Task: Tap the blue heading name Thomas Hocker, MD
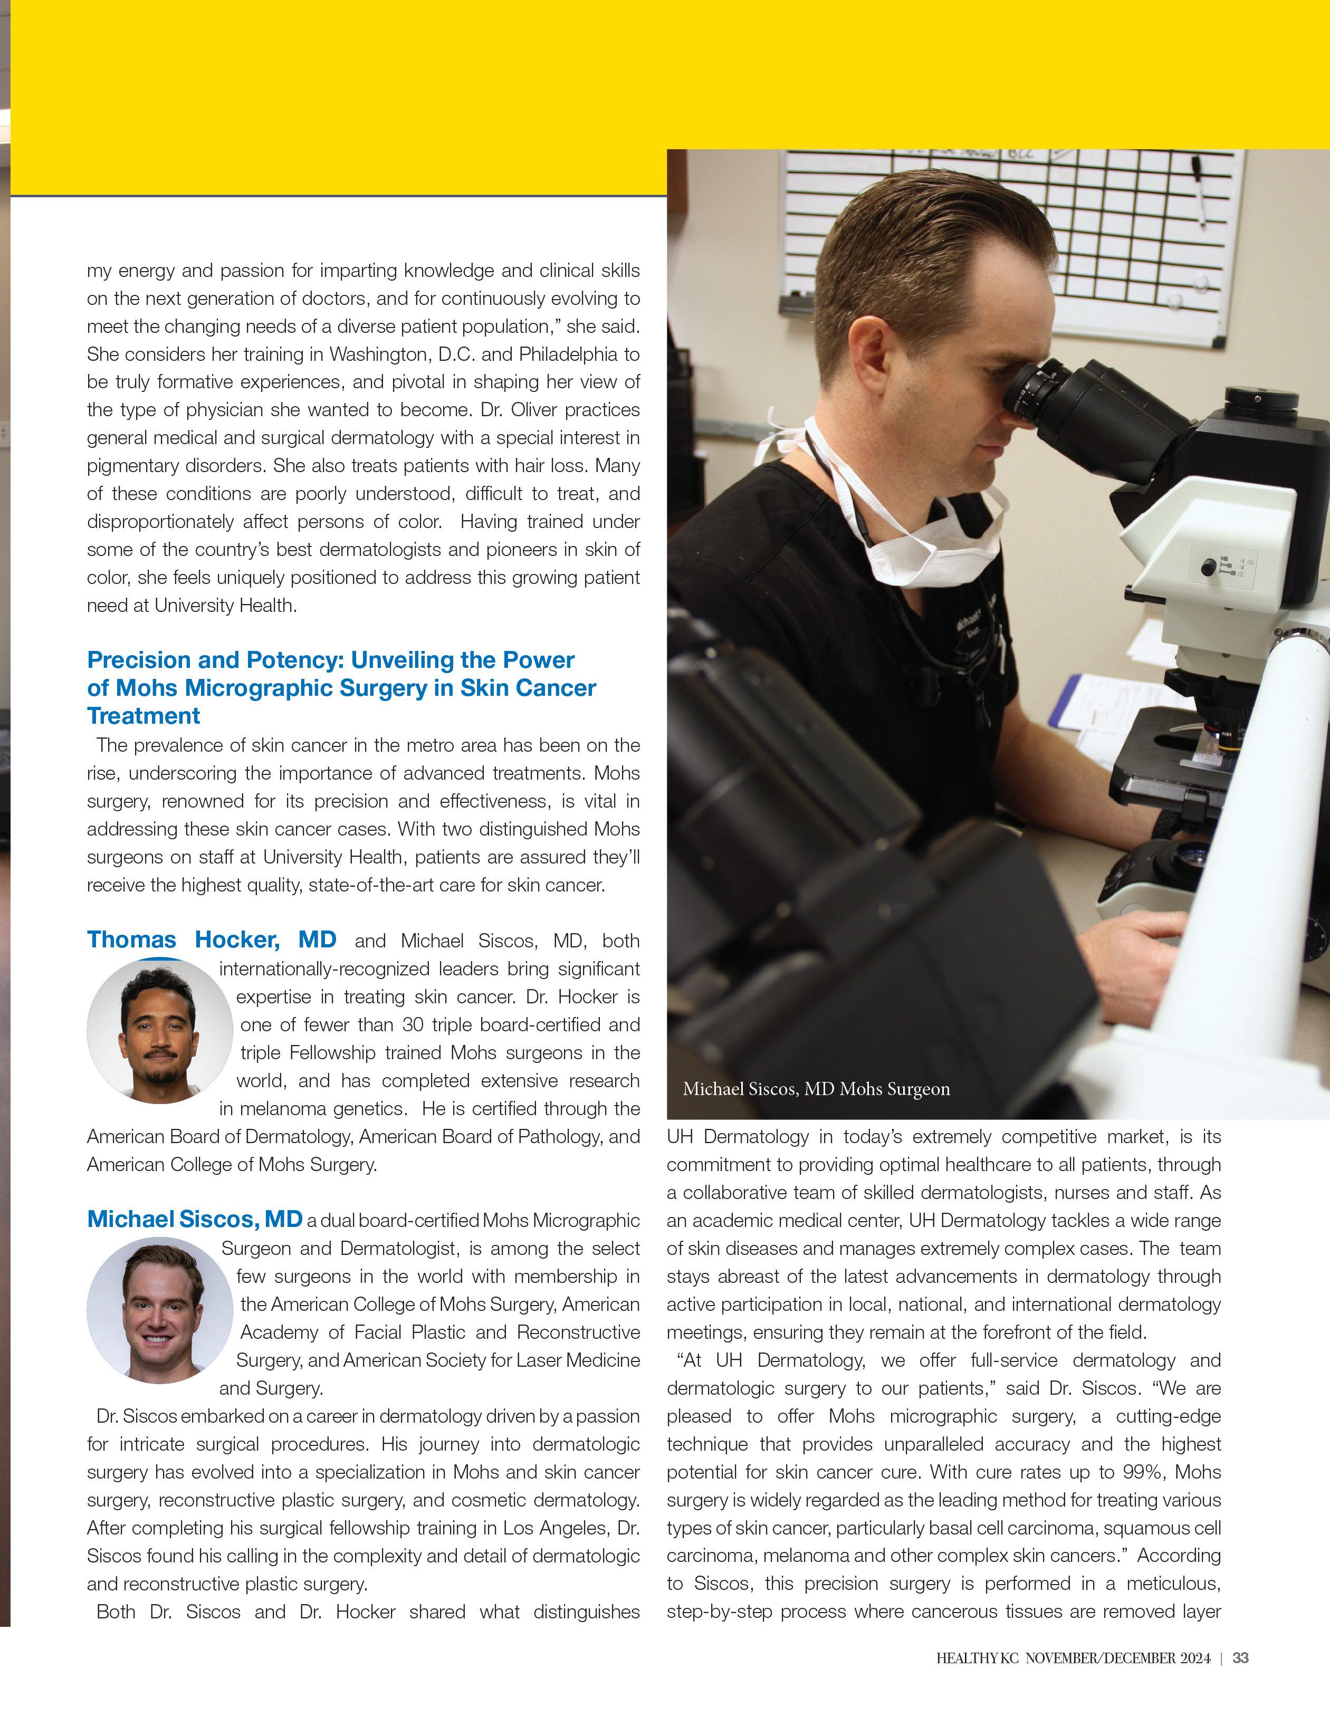(x=211, y=939)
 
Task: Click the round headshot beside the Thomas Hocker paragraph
(x=160, y=1031)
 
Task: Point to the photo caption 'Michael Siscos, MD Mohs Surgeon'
(x=816, y=1089)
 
